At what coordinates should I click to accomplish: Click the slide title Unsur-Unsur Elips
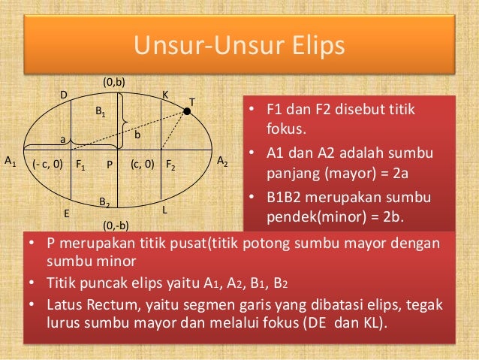[239, 46]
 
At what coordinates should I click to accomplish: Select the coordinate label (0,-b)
[116, 225]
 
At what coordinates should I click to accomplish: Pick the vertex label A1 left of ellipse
[11, 161]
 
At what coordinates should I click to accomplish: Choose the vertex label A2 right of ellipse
[223, 161]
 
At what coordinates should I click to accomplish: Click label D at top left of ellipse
[64, 95]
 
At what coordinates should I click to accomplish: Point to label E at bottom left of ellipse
[66, 214]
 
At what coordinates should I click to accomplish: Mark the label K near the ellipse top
[166, 95]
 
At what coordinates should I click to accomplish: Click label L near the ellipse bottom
[164, 211]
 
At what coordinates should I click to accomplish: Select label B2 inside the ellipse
[105, 202]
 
